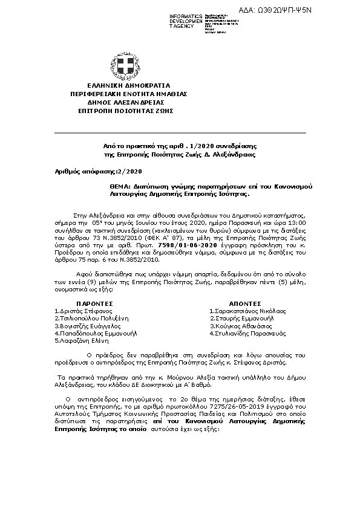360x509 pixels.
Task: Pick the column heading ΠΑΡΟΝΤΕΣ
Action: [x=94, y=302]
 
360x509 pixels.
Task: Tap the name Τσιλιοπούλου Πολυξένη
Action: [x=89, y=317]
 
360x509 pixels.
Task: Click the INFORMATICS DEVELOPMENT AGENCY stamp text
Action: [x=186, y=21]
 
